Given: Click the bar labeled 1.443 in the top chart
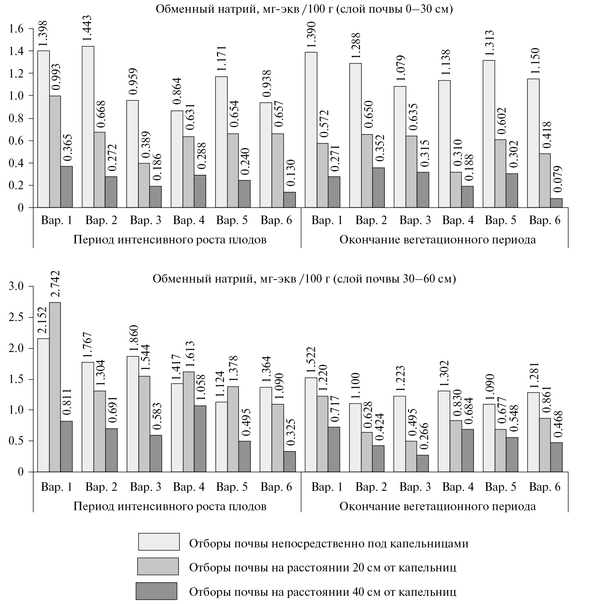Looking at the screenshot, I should [88, 127].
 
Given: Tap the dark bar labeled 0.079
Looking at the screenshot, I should [556, 203].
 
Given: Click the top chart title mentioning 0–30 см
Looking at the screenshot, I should [304, 9].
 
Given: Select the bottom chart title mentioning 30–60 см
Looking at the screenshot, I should [304, 279].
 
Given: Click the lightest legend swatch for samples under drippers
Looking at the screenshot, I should [158, 542].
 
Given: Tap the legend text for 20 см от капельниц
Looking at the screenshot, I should [322, 568].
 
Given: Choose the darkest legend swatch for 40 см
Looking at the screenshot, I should [156, 591].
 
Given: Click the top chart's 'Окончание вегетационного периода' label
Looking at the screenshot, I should [437, 240].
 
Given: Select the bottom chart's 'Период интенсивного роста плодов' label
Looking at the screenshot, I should [170, 506].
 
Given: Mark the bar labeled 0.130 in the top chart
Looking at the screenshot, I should [289, 200].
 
